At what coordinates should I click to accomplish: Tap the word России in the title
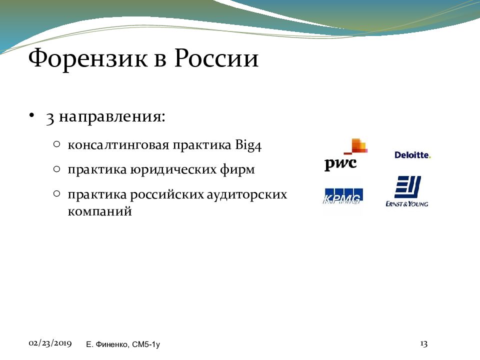coord(216,58)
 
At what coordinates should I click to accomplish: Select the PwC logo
coord(346,154)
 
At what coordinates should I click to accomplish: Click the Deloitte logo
coord(412,155)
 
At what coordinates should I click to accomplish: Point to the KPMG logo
coord(343,196)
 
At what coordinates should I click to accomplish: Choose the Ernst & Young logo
coord(407,191)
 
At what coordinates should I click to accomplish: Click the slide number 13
coord(423,344)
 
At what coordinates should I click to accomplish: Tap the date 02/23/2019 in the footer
coord(50,343)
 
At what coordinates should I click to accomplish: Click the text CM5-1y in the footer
coord(145,344)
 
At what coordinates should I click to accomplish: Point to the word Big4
coord(248,145)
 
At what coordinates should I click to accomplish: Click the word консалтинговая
coord(118,145)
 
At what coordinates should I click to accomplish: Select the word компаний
coord(100,211)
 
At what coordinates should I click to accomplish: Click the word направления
coord(111,117)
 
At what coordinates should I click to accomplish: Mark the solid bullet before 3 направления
coord(31,116)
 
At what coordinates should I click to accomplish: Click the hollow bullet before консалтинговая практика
coord(56,144)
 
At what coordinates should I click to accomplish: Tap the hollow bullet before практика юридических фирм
coord(56,169)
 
